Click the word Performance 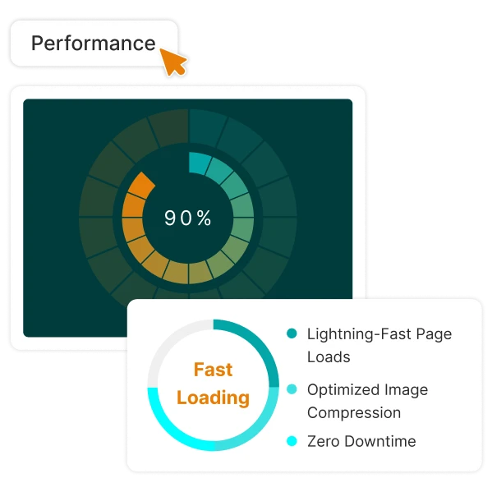coord(93,44)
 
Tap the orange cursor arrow coord(172,62)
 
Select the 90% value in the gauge coord(187,218)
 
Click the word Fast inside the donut coord(213,370)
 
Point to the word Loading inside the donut coord(213,398)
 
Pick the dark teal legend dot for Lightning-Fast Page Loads coord(292,333)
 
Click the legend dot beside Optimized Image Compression coord(292,389)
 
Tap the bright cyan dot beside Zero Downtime coord(292,441)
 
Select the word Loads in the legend coord(329,357)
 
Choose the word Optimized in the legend coord(343,390)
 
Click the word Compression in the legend coord(354,413)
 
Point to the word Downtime coord(380,441)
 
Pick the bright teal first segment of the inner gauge coord(199,163)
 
